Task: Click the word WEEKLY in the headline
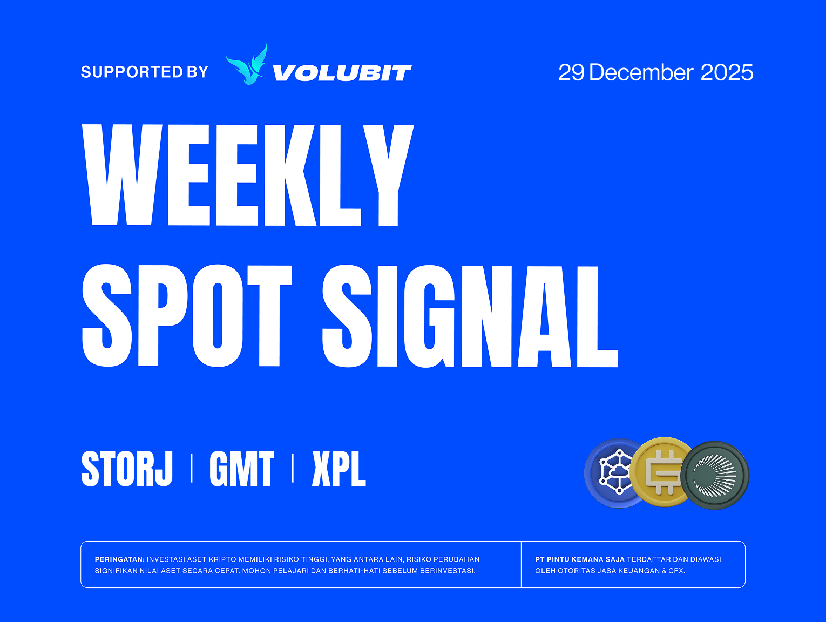pos(247,175)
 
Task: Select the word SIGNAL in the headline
pos(470,316)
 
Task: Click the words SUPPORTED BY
pos(144,72)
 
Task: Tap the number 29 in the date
pos(571,72)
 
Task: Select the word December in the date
pos(641,72)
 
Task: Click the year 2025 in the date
pos(727,72)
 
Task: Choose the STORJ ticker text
pos(127,469)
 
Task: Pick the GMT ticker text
pos(241,469)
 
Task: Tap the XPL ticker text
pos(339,469)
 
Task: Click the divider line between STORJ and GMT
pos(192,469)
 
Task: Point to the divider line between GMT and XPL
pos(293,469)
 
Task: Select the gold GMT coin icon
pos(663,472)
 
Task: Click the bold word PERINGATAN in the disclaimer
pos(119,559)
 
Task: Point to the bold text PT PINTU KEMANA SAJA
pos(579,559)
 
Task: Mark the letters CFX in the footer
pos(675,571)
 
